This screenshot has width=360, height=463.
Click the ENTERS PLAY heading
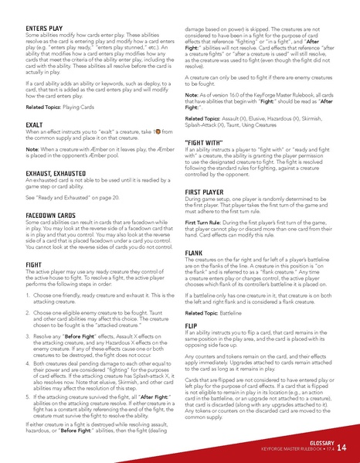pos(34,27)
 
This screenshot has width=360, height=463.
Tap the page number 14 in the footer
pos(341,448)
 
